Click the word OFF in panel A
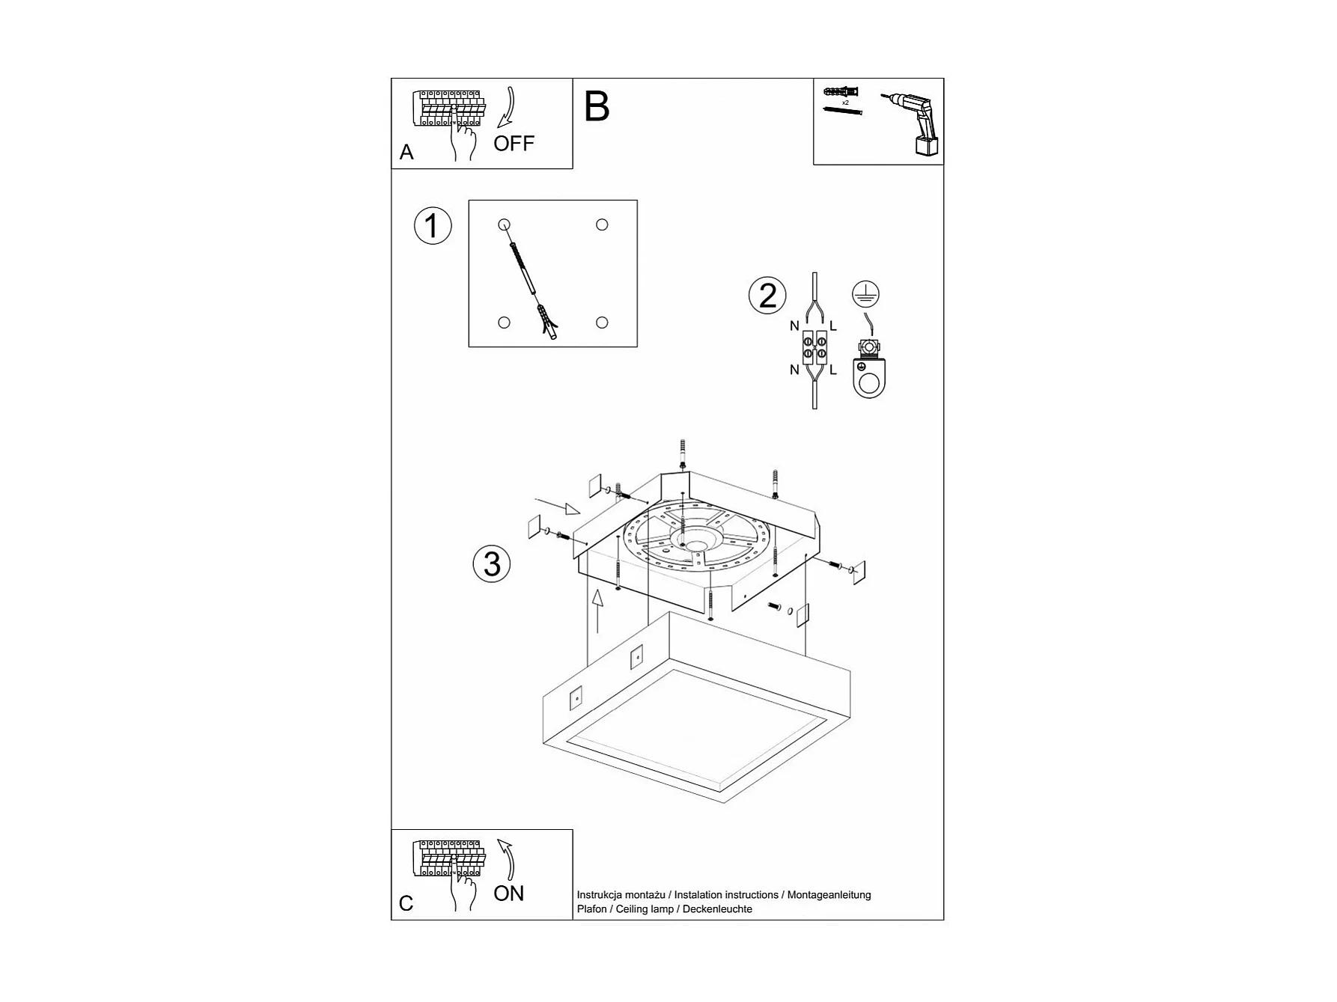(x=514, y=143)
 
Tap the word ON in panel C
(x=509, y=893)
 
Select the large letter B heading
(x=597, y=106)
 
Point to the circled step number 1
(x=433, y=226)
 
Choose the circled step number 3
(x=492, y=563)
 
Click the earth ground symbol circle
(x=865, y=294)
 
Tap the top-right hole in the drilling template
(x=602, y=224)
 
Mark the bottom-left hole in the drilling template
(x=504, y=323)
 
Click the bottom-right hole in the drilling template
(x=602, y=323)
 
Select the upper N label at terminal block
(x=794, y=326)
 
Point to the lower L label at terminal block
(x=833, y=370)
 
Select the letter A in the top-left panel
(x=406, y=153)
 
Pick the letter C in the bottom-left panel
(x=406, y=903)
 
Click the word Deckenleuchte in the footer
(x=717, y=909)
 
